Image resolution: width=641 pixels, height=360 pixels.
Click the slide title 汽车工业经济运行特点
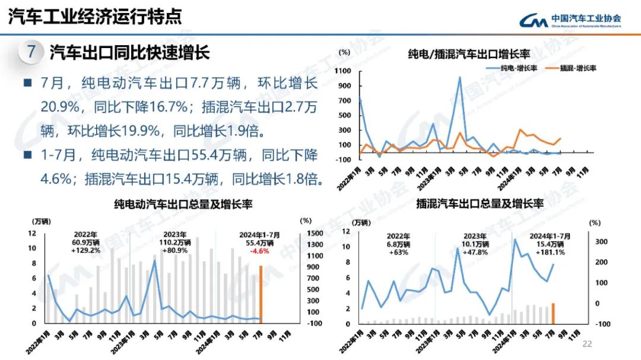pyautogui.click(x=95, y=17)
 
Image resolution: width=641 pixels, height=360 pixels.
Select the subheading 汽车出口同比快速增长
pyautogui.click(x=129, y=53)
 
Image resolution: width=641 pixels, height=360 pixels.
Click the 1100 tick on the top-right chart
pyautogui.click(x=344, y=71)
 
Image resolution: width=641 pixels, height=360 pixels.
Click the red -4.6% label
pyautogui.click(x=257, y=251)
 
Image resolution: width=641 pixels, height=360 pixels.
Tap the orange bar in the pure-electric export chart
pyautogui.click(x=261, y=294)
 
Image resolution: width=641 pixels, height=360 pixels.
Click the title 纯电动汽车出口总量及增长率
pyautogui.click(x=183, y=204)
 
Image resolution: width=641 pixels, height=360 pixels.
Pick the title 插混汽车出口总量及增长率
pyautogui.click(x=480, y=204)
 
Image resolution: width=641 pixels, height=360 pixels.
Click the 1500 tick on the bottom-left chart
pyautogui.click(x=315, y=233)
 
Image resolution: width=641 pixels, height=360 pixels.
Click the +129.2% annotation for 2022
pyautogui.click(x=86, y=250)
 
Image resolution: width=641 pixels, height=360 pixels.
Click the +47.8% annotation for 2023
pyautogui.click(x=475, y=252)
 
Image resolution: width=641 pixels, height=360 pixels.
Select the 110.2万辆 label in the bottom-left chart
pyautogui.click(x=175, y=243)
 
